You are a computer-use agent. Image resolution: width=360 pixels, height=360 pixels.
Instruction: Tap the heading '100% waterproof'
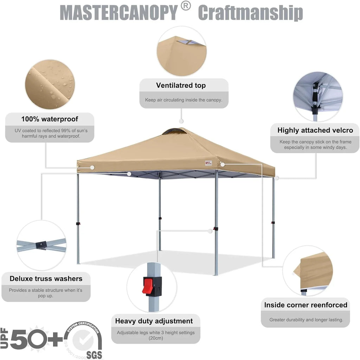coord(50,119)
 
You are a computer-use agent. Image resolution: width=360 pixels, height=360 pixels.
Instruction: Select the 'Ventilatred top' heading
coord(181,85)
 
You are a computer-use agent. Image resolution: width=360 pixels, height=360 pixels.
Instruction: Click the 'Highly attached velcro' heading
coord(315,130)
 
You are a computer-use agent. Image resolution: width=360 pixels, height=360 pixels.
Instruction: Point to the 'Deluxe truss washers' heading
coord(46,279)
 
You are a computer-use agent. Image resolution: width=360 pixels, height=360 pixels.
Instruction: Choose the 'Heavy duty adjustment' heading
coord(154,321)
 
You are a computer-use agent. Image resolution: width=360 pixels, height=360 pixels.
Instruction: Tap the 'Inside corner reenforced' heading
coord(306,305)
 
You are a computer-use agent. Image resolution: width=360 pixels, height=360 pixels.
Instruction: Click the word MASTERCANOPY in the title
coord(119,13)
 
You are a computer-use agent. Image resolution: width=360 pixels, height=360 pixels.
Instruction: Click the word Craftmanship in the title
coord(250,13)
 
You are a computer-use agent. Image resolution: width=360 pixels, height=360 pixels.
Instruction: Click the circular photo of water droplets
coord(50,84)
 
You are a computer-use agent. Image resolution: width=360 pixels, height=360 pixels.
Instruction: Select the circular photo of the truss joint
coord(41,245)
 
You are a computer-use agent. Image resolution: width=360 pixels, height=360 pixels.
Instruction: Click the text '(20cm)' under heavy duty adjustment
coord(155,338)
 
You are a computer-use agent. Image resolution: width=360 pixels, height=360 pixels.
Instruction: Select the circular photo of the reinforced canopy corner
coord(308,270)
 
